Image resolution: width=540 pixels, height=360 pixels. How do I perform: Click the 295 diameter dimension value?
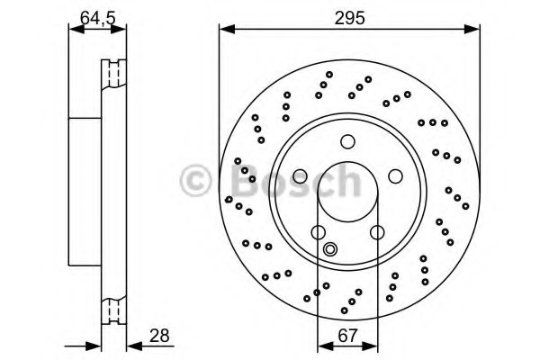pos(349,18)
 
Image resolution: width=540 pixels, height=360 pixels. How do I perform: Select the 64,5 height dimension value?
pos(98,19)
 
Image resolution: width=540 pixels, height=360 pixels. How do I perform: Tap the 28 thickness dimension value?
pos(159,336)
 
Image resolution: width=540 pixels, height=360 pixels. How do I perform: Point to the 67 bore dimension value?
pos(347,336)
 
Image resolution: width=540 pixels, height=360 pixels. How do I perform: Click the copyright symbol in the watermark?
pos(196,180)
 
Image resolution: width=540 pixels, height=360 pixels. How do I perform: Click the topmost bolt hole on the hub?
pos(347,141)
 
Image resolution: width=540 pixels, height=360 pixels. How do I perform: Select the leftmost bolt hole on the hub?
pos(300,176)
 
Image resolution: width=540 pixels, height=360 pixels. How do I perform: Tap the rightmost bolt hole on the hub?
pos(395,176)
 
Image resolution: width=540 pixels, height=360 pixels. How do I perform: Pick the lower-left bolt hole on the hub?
pos(319,232)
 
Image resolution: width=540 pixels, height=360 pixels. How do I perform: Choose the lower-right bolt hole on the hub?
pos(377,232)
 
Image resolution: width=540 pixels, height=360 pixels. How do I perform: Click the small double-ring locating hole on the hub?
pos(330,248)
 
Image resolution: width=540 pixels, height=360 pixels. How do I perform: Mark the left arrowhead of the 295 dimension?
pos(227,30)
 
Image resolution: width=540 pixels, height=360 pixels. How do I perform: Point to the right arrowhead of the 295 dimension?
pos(472,30)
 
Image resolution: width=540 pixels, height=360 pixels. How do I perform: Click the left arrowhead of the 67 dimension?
pos(326,346)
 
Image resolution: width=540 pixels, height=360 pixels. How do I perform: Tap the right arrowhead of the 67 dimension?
pos(370,346)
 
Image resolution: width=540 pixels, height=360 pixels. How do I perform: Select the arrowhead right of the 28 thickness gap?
pos(135,346)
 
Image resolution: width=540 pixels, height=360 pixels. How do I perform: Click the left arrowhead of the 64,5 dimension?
pos(76,30)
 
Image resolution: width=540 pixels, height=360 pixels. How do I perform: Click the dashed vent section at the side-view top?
pos(114,73)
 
